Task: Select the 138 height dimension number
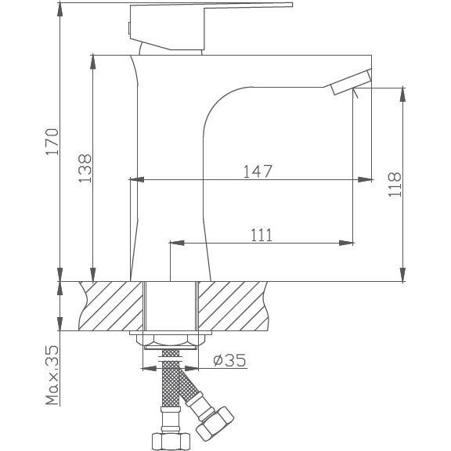click(x=85, y=166)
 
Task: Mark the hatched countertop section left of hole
click(x=112, y=306)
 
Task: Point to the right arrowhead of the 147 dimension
click(x=365, y=180)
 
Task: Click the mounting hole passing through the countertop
click(x=170, y=306)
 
